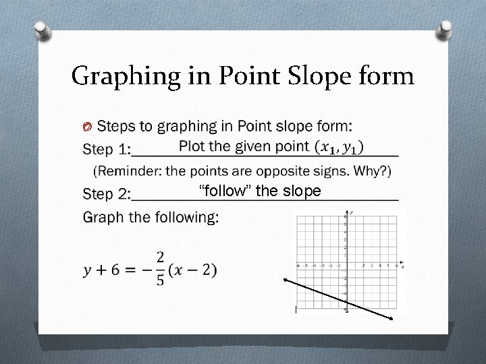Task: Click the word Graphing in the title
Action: pyautogui.click(x=125, y=76)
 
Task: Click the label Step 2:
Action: pyautogui.click(x=106, y=194)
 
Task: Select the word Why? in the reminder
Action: pyautogui.click(x=372, y=171)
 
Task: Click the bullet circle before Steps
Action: pyautogui.click(x=86, y=127)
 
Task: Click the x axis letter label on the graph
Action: pyautogui.click(x=403, y=267)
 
